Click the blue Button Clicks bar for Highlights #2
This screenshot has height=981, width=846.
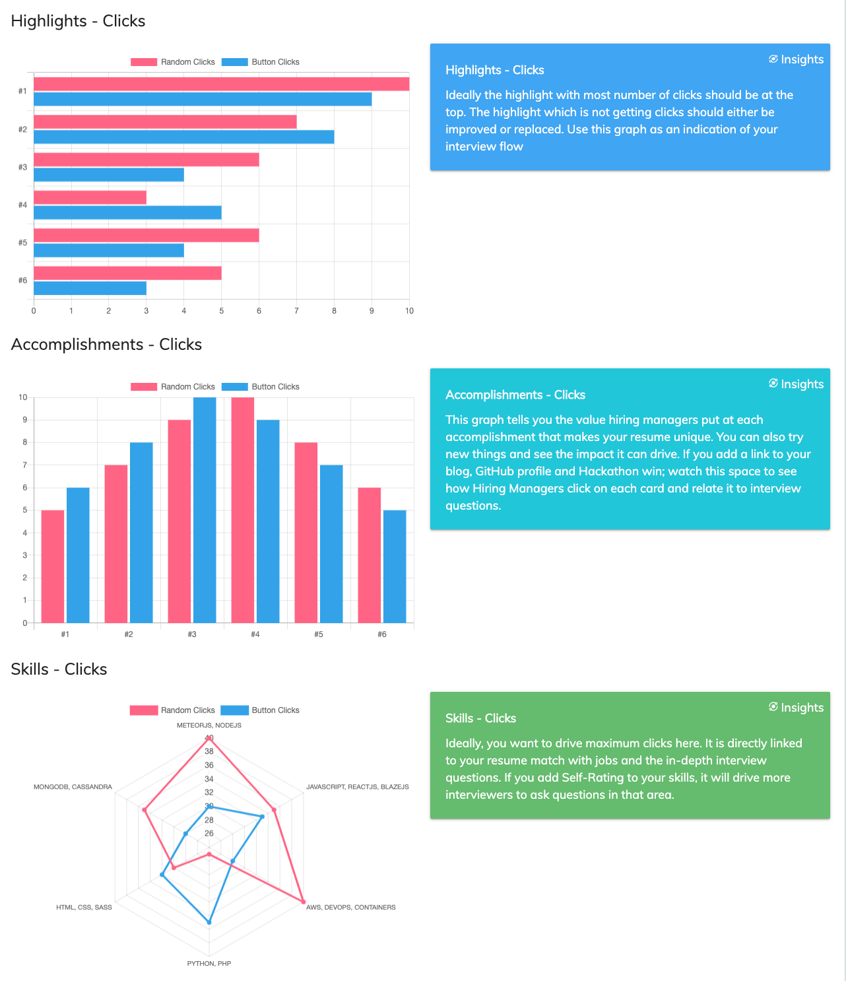click(183, 137)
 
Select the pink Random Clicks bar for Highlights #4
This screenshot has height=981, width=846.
click(90, 197)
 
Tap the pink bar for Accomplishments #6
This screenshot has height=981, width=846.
click(369, 555)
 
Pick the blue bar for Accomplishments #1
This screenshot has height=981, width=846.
click(78, 555)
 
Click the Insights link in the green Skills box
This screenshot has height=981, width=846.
click(796, 707)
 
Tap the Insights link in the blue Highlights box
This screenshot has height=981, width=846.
click(796, 59)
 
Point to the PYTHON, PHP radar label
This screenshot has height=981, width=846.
click(209, 963)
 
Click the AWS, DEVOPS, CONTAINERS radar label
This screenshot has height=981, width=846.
click(350, 907)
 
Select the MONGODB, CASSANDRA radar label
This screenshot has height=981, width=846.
click(73, 786)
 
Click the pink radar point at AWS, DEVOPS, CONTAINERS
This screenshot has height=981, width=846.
click(303, 901)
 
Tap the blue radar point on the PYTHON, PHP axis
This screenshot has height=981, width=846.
click(209, 923)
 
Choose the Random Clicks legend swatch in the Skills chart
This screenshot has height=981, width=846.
click(144, 710)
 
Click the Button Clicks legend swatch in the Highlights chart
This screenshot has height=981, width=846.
click(234, 61)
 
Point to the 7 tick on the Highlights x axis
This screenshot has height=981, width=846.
click(296, 311)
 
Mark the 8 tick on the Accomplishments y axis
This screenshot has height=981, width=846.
click(24, 442)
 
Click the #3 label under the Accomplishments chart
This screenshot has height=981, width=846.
click(191, 634)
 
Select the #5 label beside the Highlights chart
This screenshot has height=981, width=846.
click(23, 242)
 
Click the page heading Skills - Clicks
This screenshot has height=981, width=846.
click(59, 669)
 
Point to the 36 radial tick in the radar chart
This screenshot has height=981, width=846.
click(209, 765)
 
